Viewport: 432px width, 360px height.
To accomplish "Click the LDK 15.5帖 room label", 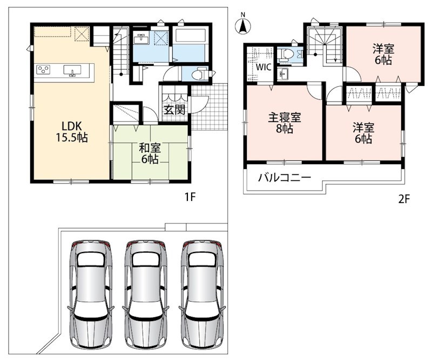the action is click(72, 132).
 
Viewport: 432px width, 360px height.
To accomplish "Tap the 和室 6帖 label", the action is click(150, 154).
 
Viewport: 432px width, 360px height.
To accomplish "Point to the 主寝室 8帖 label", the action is click(285, 123).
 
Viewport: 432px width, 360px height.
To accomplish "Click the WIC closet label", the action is click(264, 67).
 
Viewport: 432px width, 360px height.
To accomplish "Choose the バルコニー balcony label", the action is click(285, 178).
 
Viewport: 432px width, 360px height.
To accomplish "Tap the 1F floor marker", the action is click(190, 197).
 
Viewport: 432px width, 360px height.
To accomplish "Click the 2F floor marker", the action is click(404, 199).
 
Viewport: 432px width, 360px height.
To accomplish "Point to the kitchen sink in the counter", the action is click(72, 70).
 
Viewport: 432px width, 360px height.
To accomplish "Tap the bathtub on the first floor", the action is click(190, 35).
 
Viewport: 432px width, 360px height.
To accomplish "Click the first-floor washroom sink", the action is click(141, 39).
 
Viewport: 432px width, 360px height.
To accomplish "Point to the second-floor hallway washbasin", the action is click(282, 74).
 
